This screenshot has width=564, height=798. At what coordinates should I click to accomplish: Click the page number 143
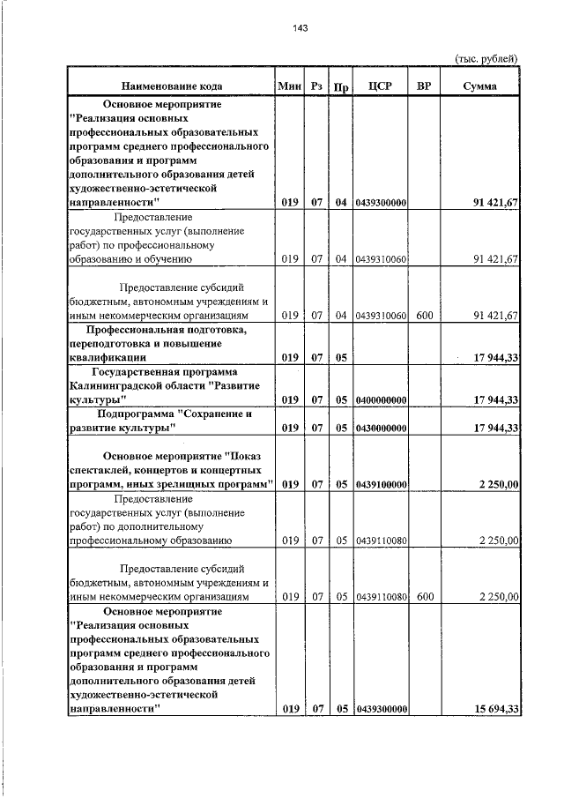click(300, 28)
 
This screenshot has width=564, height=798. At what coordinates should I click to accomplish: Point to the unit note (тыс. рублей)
click(486, 58)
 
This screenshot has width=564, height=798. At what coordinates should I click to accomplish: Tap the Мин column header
click(289, 86)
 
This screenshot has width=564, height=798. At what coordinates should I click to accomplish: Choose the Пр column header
click(341, 87)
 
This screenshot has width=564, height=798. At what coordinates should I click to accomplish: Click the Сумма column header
click(479, 86)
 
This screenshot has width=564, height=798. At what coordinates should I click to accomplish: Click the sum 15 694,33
click(493, 709)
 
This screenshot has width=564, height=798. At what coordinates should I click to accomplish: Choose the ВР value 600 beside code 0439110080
click(426, 597)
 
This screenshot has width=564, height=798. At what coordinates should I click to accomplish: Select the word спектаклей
click(97, 469)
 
